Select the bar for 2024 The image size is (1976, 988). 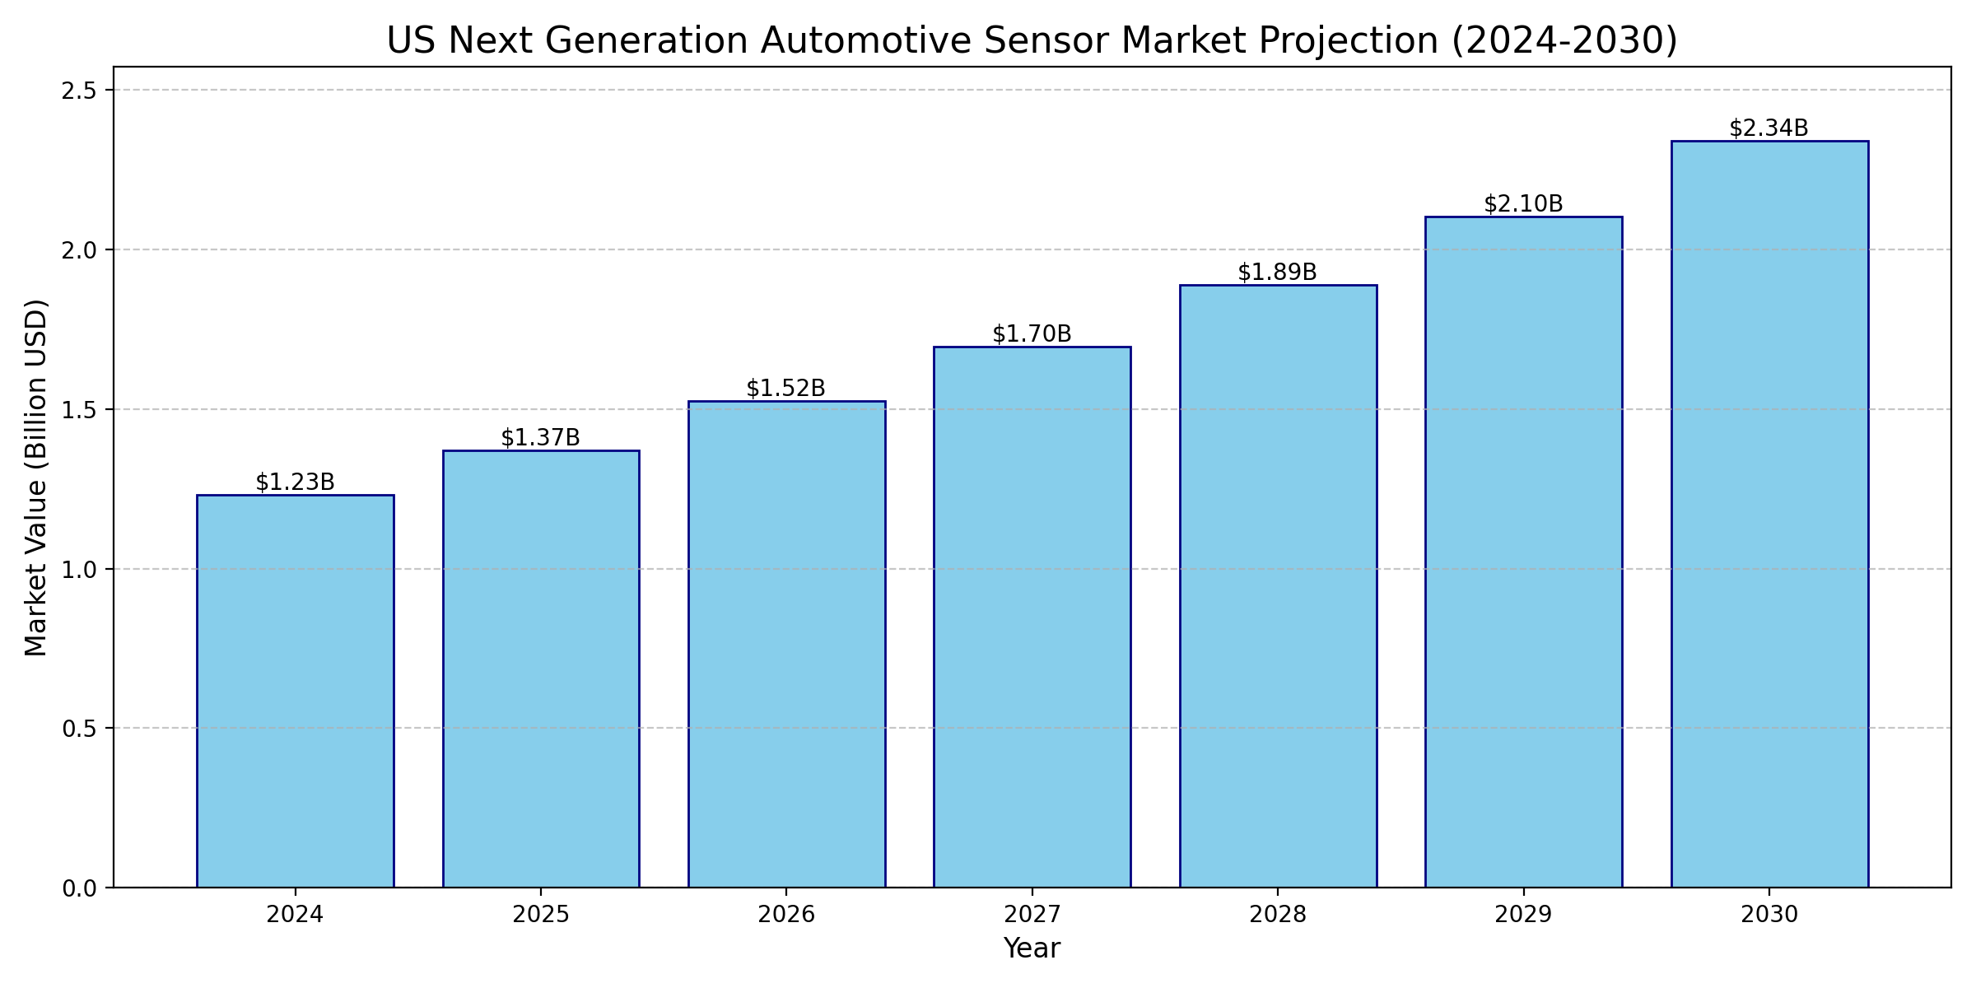(295, 692)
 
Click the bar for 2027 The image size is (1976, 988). (1032, 617)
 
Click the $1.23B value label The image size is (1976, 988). (295, 482)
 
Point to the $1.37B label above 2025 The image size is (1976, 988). (540, 438)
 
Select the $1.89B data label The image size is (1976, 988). (1277, 273)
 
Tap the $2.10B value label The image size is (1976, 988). (1523, 204)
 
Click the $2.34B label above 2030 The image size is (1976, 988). (1769, 128)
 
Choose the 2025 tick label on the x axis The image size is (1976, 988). (540, 915)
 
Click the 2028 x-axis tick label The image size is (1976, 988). (1277, 915)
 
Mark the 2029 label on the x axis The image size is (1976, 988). (1523, 915)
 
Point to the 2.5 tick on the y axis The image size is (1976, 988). (78, 91)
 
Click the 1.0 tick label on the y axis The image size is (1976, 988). (78, 570)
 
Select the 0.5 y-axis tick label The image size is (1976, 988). (78, 729)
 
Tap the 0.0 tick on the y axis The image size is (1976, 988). (78, 888)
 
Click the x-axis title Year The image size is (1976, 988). (1032, 948)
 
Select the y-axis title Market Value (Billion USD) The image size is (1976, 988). (36, 478)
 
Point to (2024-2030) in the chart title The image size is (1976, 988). (1564, 41)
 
